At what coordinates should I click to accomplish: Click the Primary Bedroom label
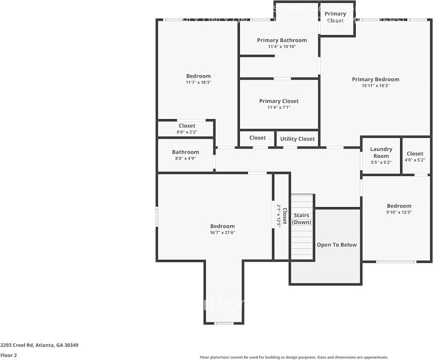pos(375,79)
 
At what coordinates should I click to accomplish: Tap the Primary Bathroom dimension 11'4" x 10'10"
pos(282,47)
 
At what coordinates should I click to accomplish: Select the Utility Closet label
pos(297,139)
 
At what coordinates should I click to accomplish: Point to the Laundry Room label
pos(381,152)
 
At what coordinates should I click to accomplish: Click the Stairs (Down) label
pos(301,219)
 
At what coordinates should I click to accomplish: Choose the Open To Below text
pos(337,245)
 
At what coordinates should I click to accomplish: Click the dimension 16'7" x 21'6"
pos(222,233)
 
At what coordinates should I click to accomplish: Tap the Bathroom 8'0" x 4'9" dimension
pos(186,159)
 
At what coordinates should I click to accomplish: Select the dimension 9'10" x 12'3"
pos(399,212)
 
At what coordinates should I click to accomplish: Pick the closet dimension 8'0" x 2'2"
pos(187,132)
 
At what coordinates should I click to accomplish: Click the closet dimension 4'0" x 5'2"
pos(415,160)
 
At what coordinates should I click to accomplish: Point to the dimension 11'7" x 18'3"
pos(198,82)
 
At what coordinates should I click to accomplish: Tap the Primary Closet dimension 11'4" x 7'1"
pos(279,107)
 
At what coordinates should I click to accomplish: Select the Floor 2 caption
pos(9,355)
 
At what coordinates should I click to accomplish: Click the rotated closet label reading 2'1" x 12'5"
pos(279,216)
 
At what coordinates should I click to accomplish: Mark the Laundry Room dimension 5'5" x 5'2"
pos(381,163)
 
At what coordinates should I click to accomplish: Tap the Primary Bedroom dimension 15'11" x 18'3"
pos(375,86)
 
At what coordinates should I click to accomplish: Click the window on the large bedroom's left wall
pos(157,216)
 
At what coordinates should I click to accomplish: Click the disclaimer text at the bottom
pos(294,357)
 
